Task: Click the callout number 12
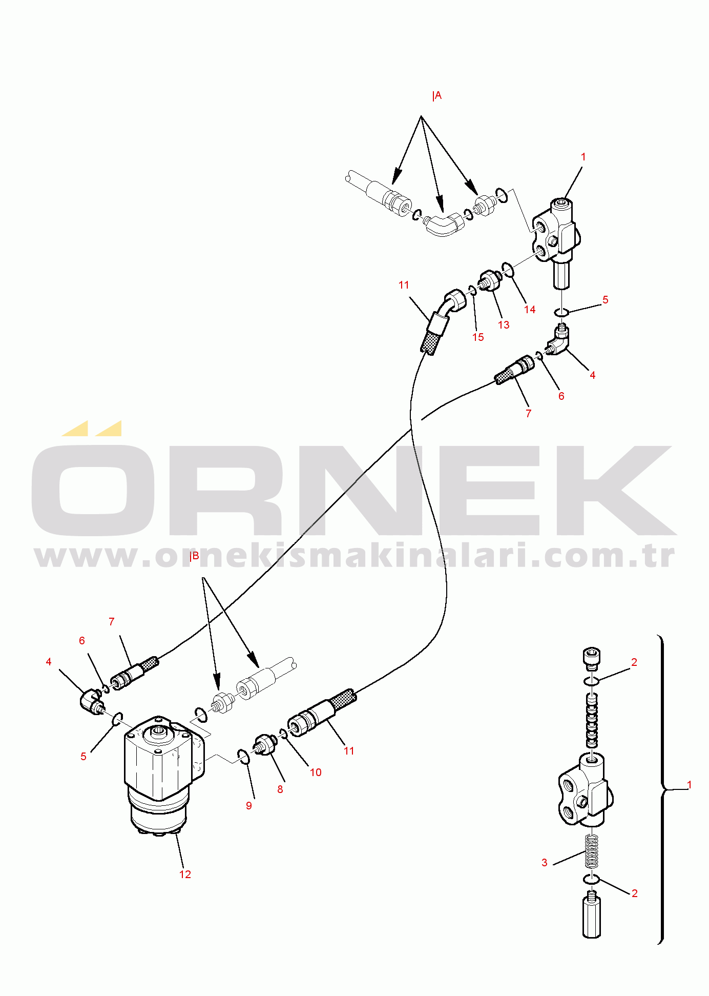pyautogui.click(x=185, y=874)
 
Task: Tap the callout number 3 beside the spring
pyautogui.click(x=545, y=862)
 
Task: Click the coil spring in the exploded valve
pyautogui.click(x=592, y=851)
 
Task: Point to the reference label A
pyautogui.click(x=437, y=96)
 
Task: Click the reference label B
pyautogui.click(x=194, y=556)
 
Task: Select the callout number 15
pyautogui.click(x=478, y=337)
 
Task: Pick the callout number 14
pyautogui.click(x=530, y=309)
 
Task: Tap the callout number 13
pyautogui.click(x=504, y=324)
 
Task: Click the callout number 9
pyautogui.click(x=249, y=805)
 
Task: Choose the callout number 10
pyautogui.click(x=316, y=772)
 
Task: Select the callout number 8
pyautogui.click(x=280, y=789)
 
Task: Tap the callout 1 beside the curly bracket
pyautogui.click(x=690, y=784)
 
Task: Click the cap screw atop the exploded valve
pyautogui.click(x=592, y=659)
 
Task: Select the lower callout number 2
pyautogui.click(x=635, y=893)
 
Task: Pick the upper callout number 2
pyautogui.click(x=634, y=662)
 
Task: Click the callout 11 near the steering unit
pyautogui.click(x=349, y=750)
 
